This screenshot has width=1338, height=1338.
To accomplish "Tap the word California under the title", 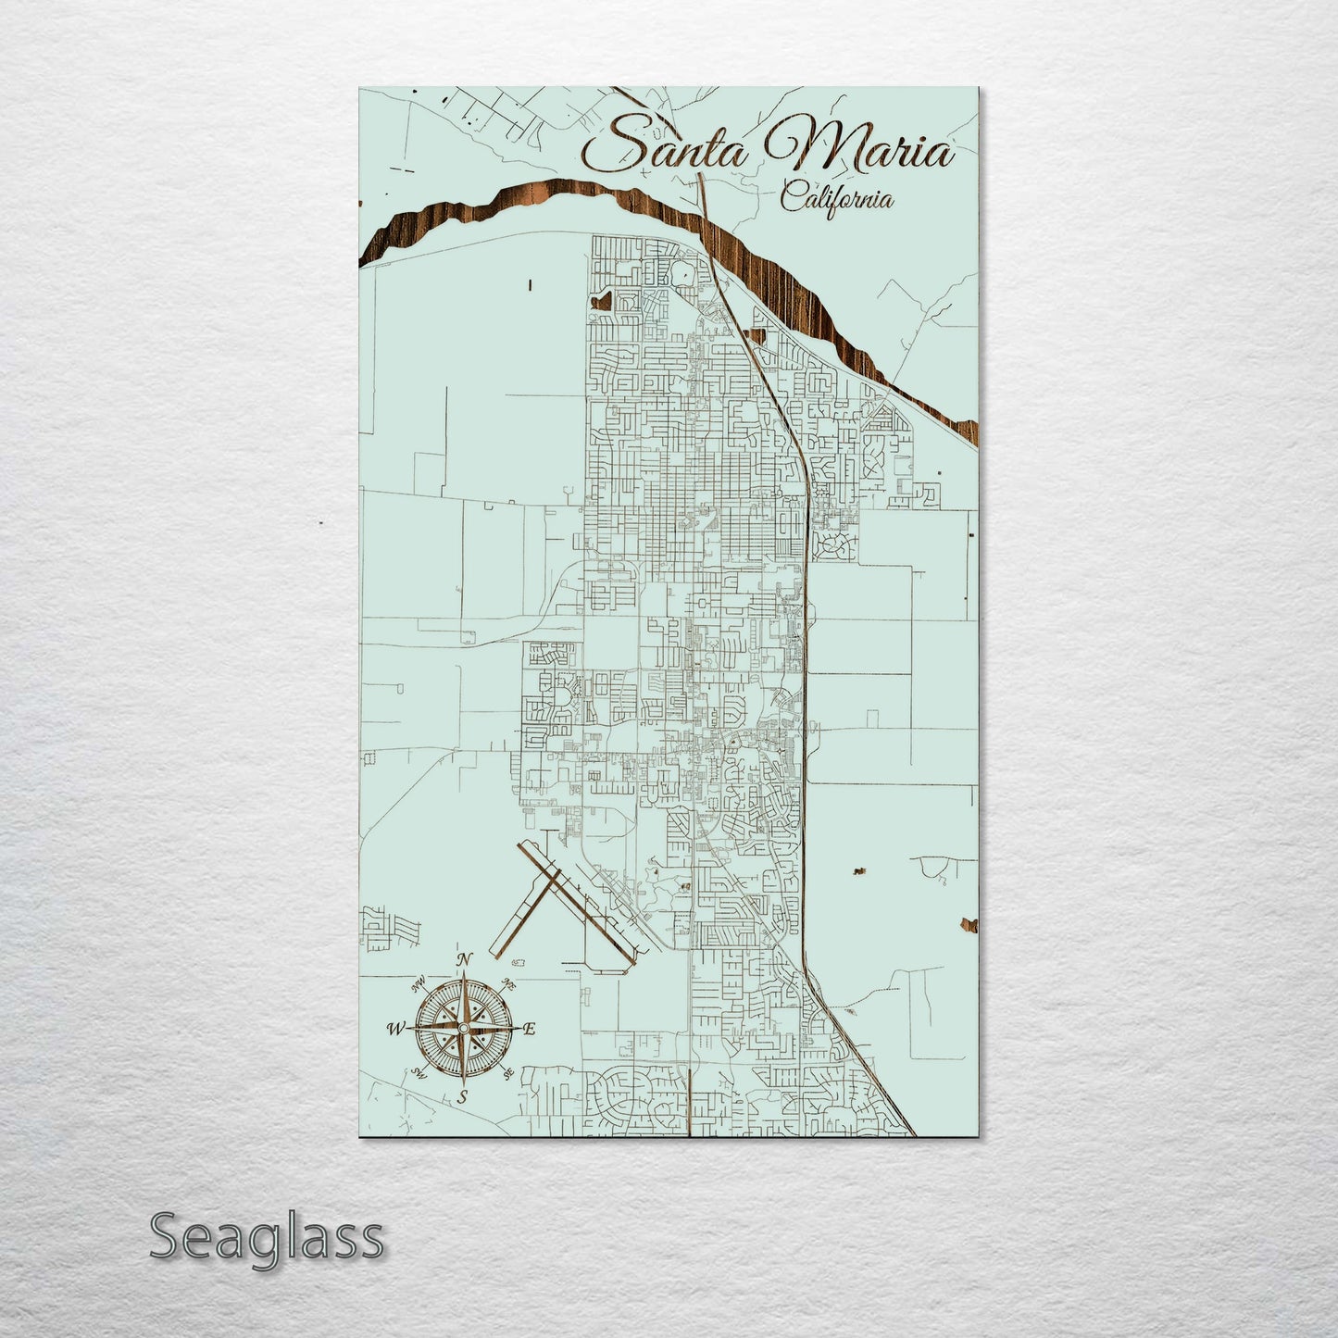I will [836, 198].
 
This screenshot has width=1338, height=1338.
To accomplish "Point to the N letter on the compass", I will [466, 958].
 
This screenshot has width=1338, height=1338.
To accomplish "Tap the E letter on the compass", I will [530, 1029].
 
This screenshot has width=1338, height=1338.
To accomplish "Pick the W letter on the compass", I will [395, 1028].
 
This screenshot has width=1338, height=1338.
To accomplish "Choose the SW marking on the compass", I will [419, 1073].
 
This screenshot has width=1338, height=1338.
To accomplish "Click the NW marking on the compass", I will [419, 983].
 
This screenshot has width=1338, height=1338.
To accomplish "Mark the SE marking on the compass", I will [507, 1073].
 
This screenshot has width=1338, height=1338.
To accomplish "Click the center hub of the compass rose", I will [463, 1028].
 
